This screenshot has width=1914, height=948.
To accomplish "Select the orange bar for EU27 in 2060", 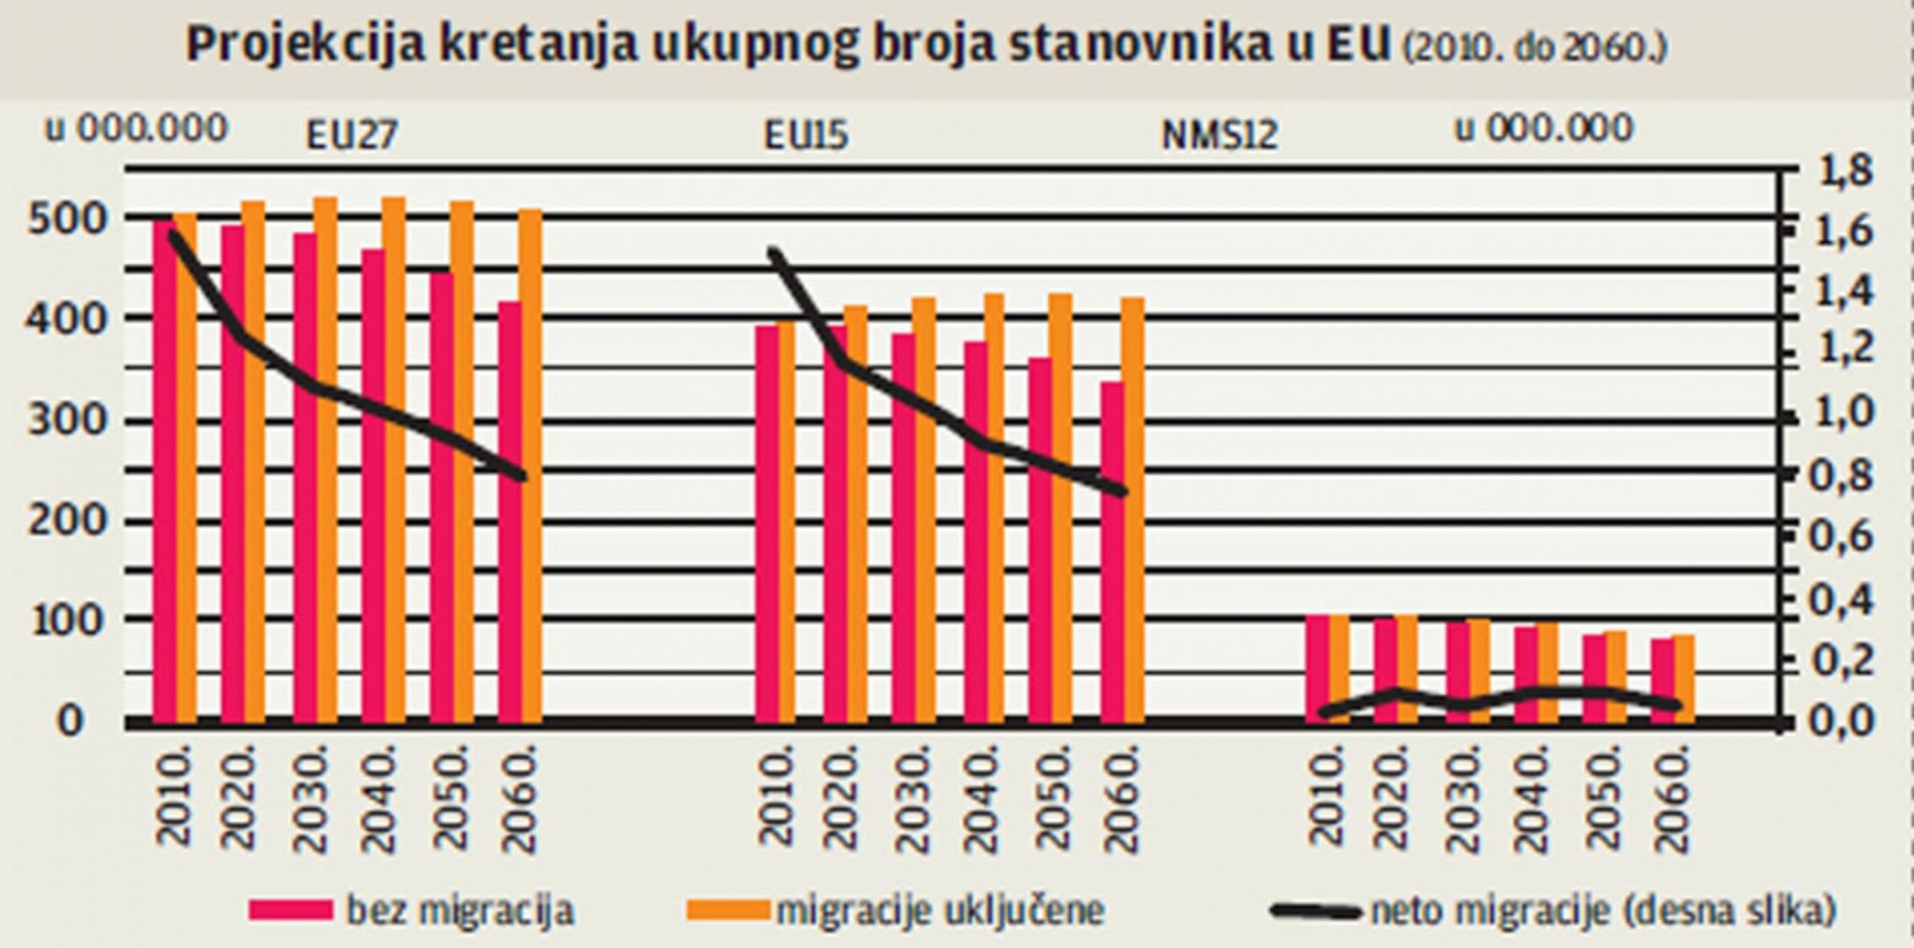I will (530, 465).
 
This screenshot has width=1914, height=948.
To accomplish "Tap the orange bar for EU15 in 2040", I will (994, 509).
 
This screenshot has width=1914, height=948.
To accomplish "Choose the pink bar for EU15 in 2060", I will (1112, 553).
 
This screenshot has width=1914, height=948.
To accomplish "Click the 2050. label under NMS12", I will (1604, 803).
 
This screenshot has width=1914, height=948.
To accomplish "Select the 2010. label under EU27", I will (175, 803).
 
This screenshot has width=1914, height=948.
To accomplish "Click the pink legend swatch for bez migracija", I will (291, 909).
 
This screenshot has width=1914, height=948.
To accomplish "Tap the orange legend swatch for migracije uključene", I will (727, 909).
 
